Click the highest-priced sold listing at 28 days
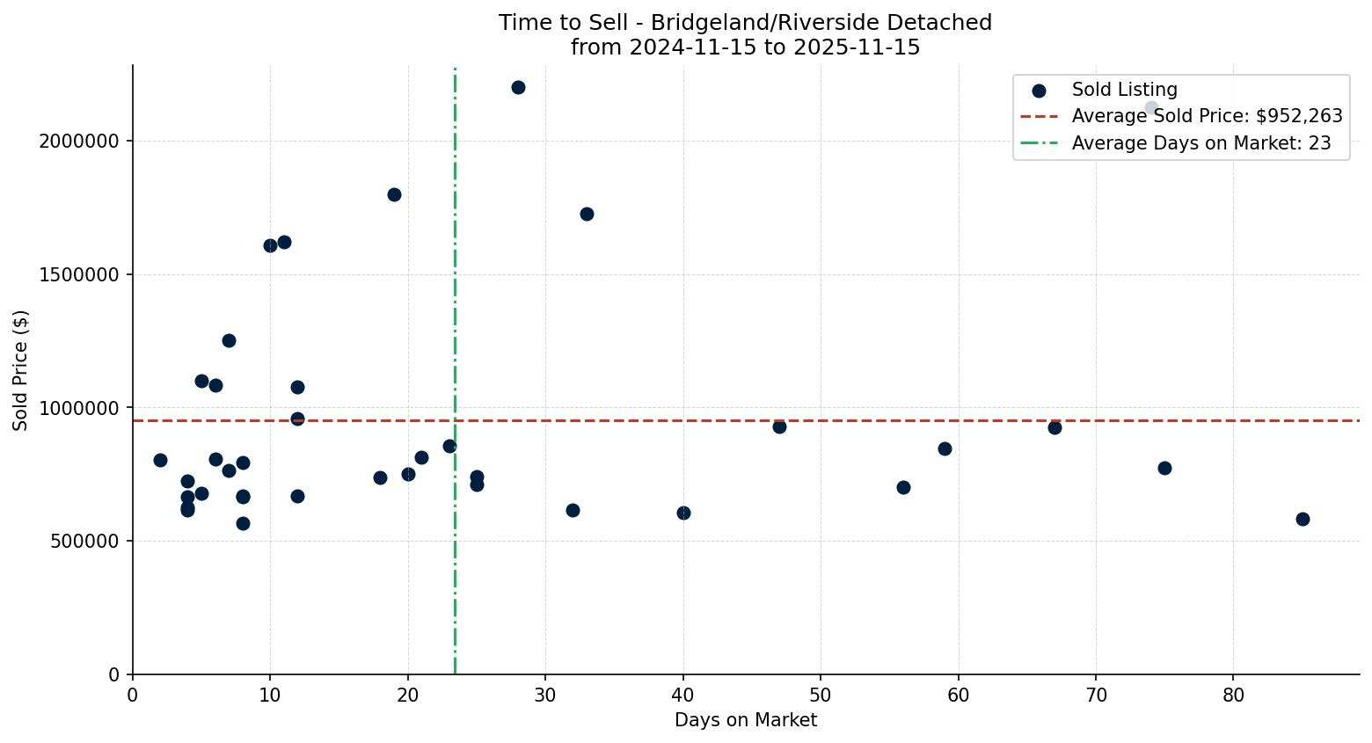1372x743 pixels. (x=518, y=87)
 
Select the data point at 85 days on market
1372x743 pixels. (x=1303, y=519)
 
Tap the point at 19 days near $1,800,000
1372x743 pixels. (x=394, y=194)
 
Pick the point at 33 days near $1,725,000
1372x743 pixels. (x=587, y=214)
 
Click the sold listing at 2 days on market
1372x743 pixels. (x=160, y=460)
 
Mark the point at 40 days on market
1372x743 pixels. (x=683, y=513)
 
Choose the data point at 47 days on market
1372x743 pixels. (x=779, y=426)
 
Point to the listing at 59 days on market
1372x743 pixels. (x=945, y=448)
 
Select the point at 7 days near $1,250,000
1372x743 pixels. (x=229, y=340)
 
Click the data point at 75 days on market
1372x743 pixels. (x=1164, y=468)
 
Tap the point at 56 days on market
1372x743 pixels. (x=903, y=487)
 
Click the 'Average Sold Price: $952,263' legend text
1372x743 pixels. (x=1207, y=116)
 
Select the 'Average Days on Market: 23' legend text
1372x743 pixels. (x=1200, y=143)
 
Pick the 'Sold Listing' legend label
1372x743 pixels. (x=1124, y=90)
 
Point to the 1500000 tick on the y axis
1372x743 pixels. (x=79, y=274)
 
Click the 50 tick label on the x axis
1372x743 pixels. (x=821, y=696)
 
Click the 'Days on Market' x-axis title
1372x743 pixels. (x=745, y=720)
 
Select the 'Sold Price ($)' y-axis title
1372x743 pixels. (x=21, y=370)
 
